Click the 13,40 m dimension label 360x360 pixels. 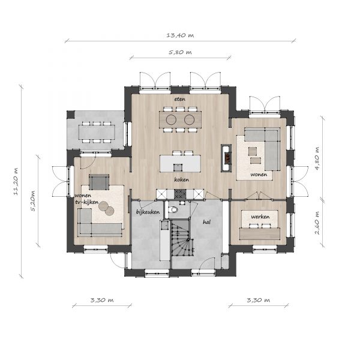[x=180, y=35]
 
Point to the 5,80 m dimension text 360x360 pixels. [x=180, y=52]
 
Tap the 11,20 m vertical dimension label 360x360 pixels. [x=16, y=182]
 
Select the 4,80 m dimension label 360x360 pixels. [x=317, y=158]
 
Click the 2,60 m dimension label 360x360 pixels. [x=317, y=223]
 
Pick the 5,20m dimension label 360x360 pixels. [x=33, y=200]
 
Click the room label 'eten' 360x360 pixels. [x=180, y=99]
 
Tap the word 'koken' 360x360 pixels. [x=181, y=179]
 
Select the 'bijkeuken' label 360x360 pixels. [x=148, y=212]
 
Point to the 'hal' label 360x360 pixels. [x=206, y=222]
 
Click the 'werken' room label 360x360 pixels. [x=260, y=217]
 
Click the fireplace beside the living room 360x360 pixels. [x=226, y=158]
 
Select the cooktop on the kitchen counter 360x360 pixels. [x=180, y=194]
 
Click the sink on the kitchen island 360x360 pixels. [x=178, y=167]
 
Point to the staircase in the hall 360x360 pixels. [x=182, y=237]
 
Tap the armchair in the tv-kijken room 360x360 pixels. [x=99, y=182]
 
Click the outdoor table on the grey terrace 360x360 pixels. [x=97, y=132]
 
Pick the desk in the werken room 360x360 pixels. [x=260, y=233]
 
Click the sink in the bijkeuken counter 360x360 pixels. [x=164, y=226]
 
